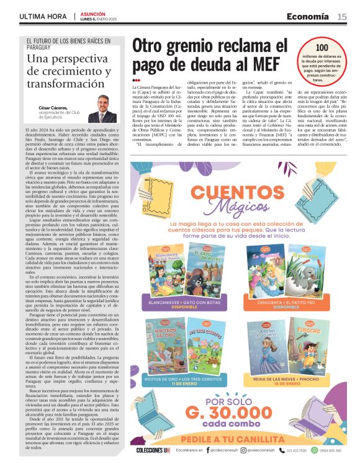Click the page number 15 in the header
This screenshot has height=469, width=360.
(342, 17)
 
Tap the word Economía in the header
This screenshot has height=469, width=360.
(308, 17)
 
